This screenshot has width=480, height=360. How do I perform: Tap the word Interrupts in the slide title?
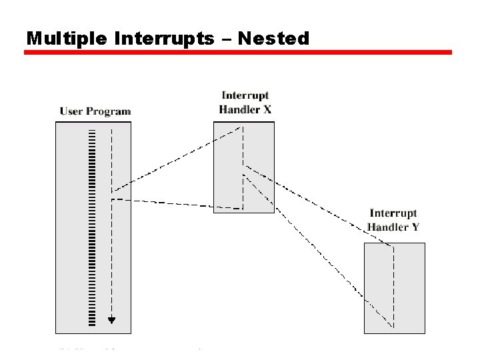(164, 39)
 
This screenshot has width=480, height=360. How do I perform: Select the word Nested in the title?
(273, 39)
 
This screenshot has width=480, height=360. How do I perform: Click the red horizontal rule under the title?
(238, 52)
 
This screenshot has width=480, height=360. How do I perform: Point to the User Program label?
(95, 111)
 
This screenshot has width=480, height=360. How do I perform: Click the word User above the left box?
(71, 111)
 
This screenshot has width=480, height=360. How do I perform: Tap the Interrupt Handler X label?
(245, 103)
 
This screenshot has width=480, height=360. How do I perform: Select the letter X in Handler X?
(267, 109)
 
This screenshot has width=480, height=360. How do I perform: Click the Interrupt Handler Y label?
(393, 220)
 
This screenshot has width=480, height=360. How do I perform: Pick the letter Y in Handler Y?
(415, 227)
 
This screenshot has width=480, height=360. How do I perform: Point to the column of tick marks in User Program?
(91, 227)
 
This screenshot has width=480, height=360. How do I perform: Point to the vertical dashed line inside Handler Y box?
(393, 287)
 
